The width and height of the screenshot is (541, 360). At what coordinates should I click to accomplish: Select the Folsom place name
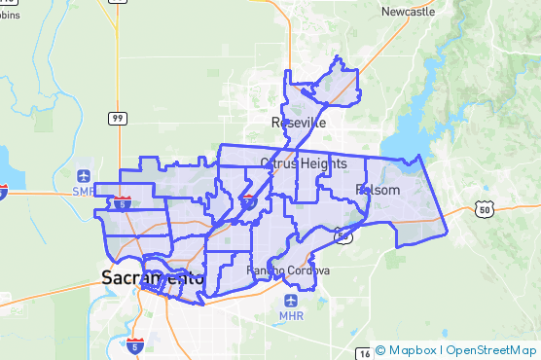click(x=378, y=190)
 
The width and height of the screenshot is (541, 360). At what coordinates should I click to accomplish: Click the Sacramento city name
click(x=153, y=278)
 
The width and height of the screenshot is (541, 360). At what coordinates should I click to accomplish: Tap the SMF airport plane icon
click(x=84, y=176)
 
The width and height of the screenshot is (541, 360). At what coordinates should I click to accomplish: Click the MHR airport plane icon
click(x=291, y=302)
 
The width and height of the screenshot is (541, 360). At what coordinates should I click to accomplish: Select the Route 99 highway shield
click(x=117, y=119)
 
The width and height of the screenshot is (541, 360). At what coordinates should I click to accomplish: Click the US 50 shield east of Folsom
click(x=487, y=208)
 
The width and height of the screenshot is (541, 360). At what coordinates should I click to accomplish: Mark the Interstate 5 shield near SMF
click(x=122, y=203)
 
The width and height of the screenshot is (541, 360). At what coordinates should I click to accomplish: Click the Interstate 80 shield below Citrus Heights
click(x=249, y=201)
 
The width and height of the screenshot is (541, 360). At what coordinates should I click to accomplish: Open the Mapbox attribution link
click(x=413, y=350)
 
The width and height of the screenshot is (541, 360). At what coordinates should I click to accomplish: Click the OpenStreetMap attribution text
click(x=491, y=350)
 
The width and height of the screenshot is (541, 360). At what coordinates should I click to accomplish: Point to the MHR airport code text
click(x=291, y=316)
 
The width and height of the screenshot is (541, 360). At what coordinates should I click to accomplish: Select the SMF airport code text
click(x=84, y=192)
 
